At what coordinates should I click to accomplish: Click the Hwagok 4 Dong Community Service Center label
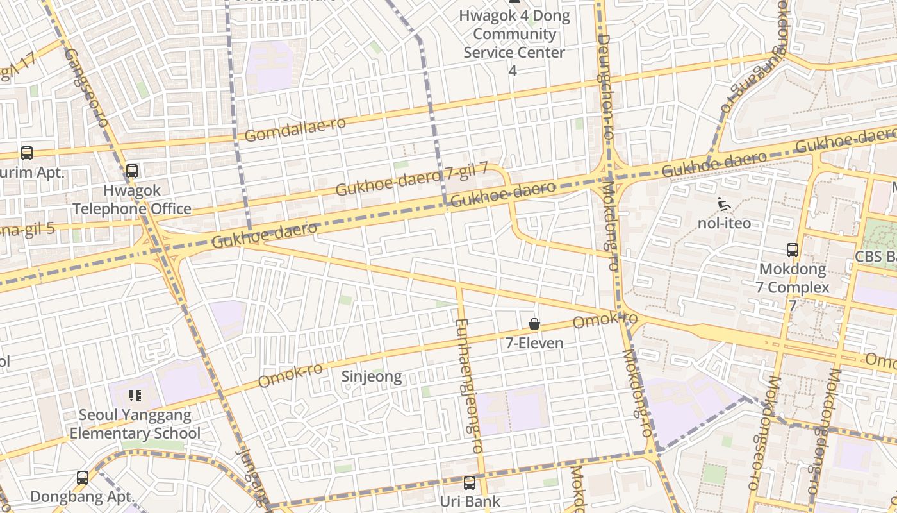tap(514, 34)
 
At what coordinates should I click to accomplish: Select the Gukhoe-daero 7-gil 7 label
tap(412, 180)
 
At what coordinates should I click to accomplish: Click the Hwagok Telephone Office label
tap(131, 200)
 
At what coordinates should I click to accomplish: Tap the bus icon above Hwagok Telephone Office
tap(132, 171)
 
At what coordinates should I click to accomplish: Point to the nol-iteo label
tap(724, 223)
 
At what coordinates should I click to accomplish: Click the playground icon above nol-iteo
tap(724, 204)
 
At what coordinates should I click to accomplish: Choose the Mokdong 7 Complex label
tap(793, 278)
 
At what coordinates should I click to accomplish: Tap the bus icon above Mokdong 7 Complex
tap(793, 250)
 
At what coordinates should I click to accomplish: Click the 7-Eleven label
tap(534, 343)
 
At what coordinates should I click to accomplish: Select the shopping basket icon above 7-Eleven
tap(534, 324)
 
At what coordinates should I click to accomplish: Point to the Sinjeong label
tap(372, 376)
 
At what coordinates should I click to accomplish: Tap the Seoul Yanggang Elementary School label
tap(135, 424)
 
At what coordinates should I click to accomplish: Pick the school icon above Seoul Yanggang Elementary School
tap(135, 395)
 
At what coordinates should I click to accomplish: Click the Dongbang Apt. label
tap(83, 496)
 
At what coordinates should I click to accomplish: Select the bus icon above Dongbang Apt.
tap(83, 477)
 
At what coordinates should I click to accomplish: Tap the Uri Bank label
tap(470, 501)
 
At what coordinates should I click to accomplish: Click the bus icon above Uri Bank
tap(470, 483)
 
